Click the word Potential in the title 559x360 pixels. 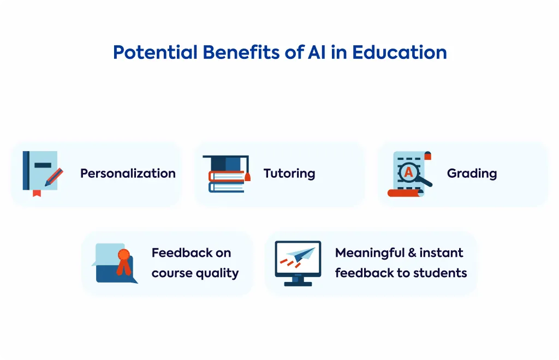155,52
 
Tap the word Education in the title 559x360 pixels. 399,52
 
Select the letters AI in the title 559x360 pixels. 317,52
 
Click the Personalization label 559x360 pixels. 128,173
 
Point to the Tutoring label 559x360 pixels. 289,173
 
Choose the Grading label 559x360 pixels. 472,173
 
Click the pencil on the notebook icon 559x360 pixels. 54,177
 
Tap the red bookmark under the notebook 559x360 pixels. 37,193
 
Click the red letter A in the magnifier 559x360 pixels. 408,172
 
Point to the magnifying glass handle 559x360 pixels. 425,182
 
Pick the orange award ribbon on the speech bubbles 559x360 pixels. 124,262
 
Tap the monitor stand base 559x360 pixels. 298,284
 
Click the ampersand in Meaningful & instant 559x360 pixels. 412,253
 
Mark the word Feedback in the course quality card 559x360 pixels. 181,253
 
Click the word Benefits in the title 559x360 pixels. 241,52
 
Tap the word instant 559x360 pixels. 441,253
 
